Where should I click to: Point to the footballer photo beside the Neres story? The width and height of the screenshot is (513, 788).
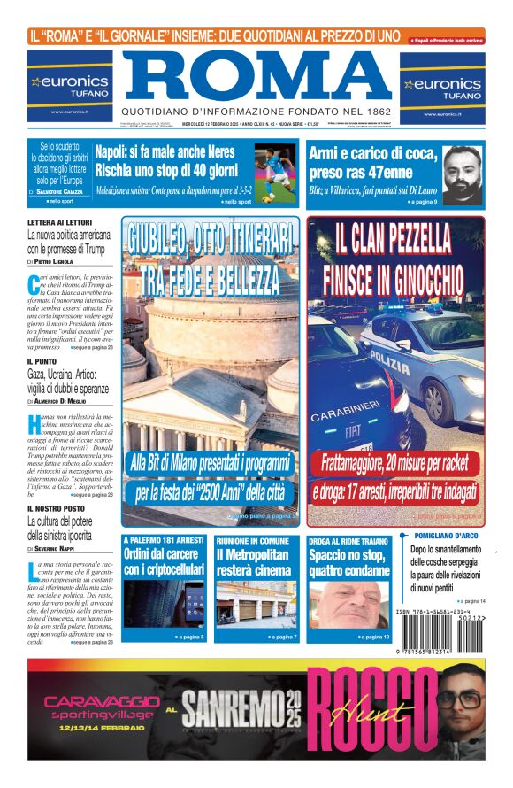point(276,174)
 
